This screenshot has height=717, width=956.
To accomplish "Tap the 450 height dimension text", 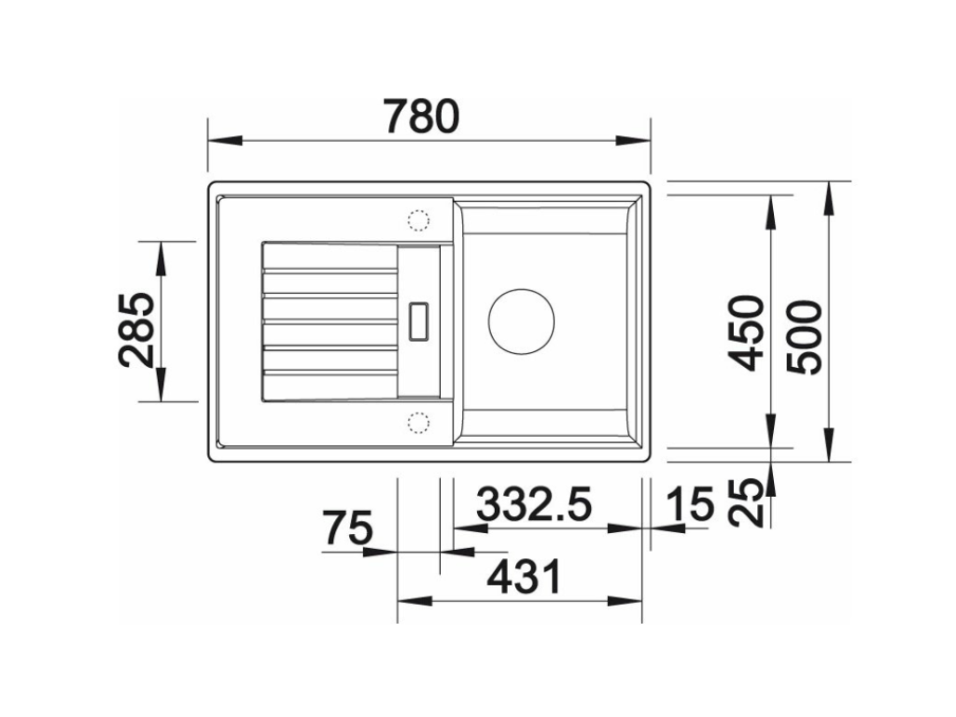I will (747, 332).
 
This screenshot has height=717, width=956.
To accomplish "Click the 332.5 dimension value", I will (534, 505).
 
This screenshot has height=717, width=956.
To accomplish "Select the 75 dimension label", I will (347, 528).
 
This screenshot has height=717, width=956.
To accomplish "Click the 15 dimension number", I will (691, 505).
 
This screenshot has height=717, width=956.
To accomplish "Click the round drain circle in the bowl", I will (521, 320).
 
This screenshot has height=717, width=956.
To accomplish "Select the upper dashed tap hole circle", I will (417, 220).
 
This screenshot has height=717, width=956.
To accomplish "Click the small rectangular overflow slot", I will (417, 320).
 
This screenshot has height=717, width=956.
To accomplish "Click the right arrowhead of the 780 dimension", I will (632, 141).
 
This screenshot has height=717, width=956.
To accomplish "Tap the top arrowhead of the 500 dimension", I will (828, 198).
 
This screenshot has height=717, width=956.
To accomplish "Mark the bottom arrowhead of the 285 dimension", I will (160, 385).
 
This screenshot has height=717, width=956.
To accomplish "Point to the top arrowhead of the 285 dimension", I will (160, 258).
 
